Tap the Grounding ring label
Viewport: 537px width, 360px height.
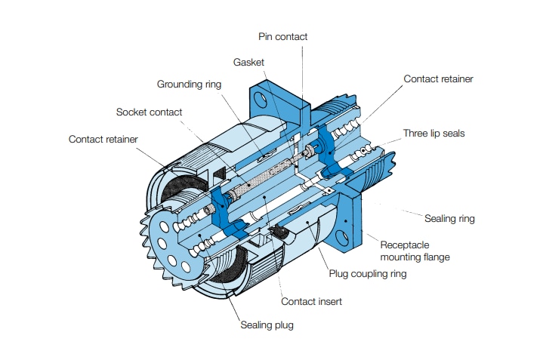tap(189, 84)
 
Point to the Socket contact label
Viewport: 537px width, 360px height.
tap(149, 112)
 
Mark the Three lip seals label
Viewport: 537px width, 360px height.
tap(434, 134)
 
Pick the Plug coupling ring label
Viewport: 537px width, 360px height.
tap(367, 273)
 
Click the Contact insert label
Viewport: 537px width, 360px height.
tap(311, 301)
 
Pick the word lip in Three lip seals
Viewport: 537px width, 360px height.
tap(435, 134)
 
